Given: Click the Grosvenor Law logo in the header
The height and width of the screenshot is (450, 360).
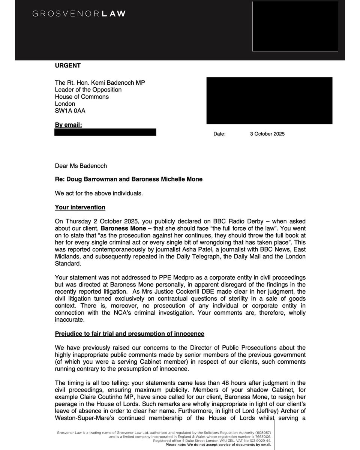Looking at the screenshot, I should click(79, 14).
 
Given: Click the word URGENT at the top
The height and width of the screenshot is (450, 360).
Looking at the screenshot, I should click(68, 66).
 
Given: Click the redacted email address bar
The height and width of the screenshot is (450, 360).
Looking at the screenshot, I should click(105, 132).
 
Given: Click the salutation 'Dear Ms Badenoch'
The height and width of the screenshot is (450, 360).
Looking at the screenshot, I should click(79, 165).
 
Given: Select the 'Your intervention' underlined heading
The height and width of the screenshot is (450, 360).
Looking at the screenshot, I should click(80, 207).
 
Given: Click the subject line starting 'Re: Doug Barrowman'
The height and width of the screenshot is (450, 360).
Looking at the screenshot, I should click(129, 179).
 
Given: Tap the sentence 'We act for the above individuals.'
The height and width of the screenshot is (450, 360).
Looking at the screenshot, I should click(99, 193).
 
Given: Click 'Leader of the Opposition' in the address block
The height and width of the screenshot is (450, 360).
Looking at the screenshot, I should click(88, 90).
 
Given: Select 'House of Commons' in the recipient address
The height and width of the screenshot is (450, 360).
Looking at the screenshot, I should click(82, 97).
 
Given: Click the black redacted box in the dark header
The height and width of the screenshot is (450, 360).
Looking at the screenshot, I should click(295, 26).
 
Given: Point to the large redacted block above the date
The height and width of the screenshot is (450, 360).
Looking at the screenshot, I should click(269, 100).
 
